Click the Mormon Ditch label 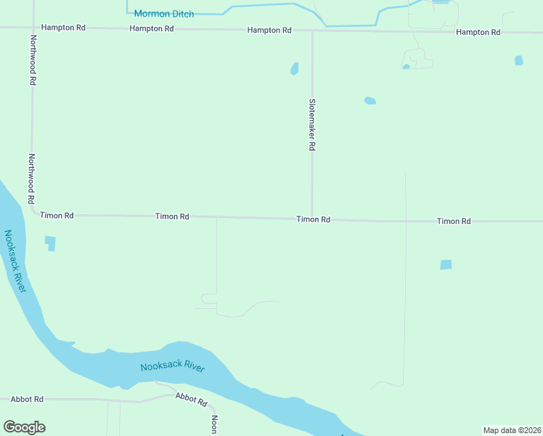[163, 14]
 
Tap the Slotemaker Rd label [312, 124]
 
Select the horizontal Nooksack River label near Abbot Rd [172, 366]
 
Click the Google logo [24, 427]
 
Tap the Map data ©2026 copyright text [512, 430]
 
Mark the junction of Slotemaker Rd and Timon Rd [312, 218]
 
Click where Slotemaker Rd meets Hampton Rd [312, 31]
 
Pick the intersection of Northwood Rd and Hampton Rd [33, 28]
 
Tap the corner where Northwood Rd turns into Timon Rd [33, 212]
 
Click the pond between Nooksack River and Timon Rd [50, 243]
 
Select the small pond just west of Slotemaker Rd [295, 69]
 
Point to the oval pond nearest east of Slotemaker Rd [370, 101]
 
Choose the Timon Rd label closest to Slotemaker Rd [313, 219]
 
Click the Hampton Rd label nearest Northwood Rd [63, 28]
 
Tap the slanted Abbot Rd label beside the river [192, 399]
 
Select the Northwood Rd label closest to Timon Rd [31, 179]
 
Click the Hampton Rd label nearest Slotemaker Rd [269, 31]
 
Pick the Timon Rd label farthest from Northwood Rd [454, 221]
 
